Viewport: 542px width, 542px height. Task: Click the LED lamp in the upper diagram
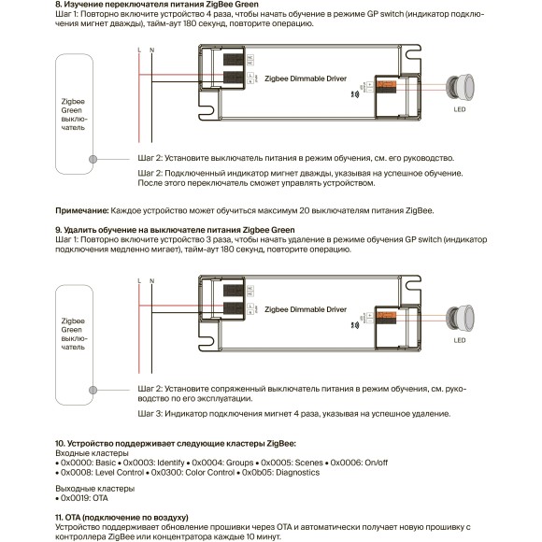(460, 87)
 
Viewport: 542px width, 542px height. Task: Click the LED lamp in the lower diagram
(460, 318)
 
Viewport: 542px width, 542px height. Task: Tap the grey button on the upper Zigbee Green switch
(93, 159)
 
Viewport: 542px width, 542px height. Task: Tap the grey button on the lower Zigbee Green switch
(93, 390)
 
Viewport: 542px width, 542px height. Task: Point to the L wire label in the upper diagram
(139, 50)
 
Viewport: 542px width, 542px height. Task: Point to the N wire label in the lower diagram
(151, 281)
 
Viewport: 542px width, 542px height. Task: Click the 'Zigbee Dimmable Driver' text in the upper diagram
(306, 78)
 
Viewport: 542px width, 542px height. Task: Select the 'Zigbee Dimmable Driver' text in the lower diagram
(306, 309)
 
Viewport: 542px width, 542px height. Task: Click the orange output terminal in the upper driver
(387, 84)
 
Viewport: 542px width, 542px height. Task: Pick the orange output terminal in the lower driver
(387, 315)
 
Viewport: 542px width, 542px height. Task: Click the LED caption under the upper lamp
(460, 109)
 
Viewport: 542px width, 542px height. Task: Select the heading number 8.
(59, 5)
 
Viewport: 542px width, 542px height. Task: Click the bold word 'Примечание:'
(82, 210)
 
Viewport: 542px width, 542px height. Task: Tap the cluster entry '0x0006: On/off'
(359, 463)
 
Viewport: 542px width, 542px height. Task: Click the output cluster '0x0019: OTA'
(84, 498)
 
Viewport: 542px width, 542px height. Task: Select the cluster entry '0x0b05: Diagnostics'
(280, 472)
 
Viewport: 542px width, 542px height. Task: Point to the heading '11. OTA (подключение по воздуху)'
(121, 518)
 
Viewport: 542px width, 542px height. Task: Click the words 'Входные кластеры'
(92, 453)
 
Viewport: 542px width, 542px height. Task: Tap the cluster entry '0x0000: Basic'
(88, 463)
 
